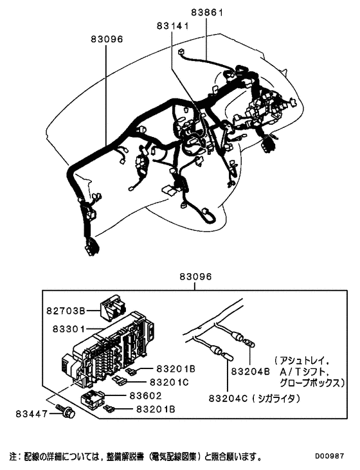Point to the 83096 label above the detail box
[x=195, y=278]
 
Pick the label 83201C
[x=170, y=382]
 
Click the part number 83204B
[x=249, y=371]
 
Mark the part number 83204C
[x=225, y=399]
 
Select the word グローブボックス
[x=308, y=382]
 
